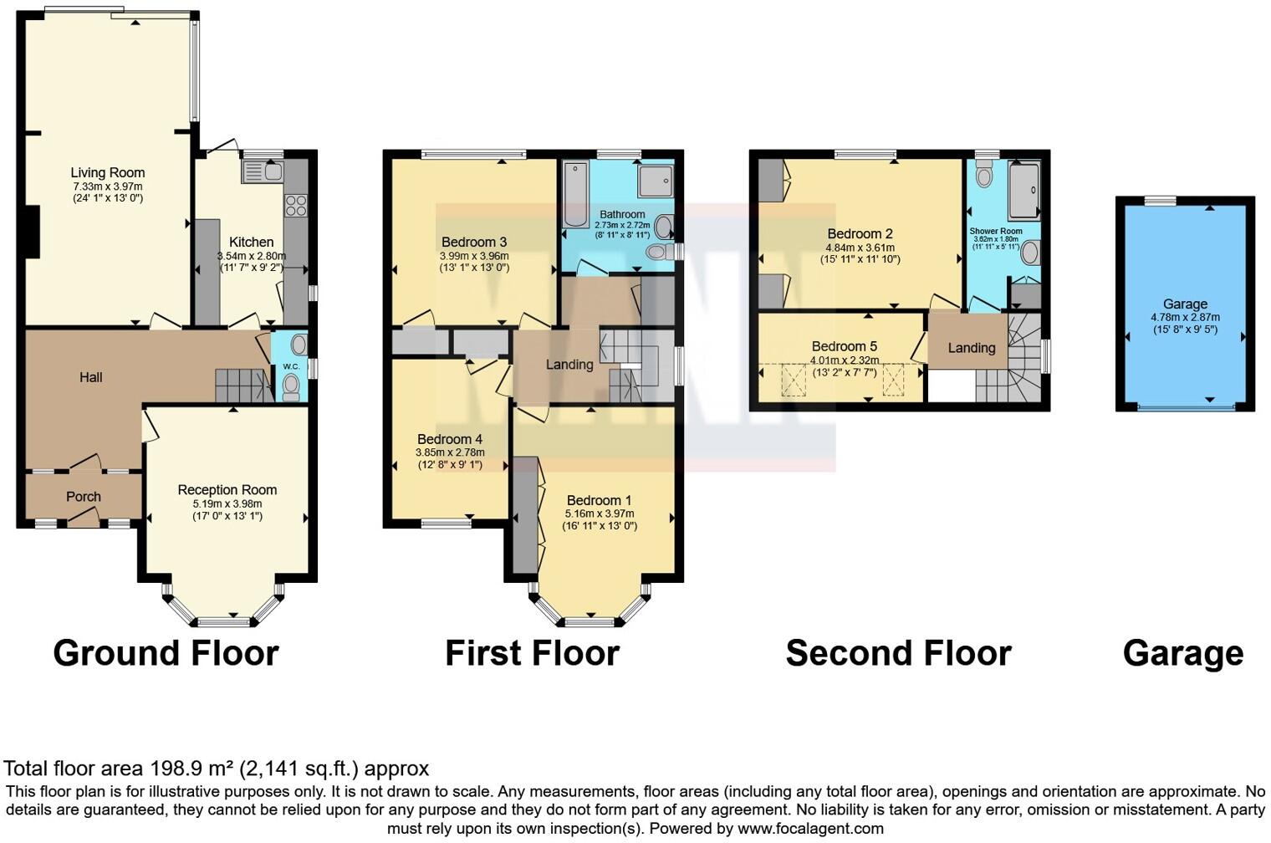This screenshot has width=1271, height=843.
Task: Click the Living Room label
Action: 107,173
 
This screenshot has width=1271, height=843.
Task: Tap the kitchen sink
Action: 263,172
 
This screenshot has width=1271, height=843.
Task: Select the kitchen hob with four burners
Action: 296,205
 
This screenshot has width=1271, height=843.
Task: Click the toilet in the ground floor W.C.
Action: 291,386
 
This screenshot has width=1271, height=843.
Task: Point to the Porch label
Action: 84,497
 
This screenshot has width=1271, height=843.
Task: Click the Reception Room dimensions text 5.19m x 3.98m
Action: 227,504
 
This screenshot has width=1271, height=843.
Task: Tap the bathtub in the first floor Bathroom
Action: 576,194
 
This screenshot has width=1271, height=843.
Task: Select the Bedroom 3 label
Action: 474,243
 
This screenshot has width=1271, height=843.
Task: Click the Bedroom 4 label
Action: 450,439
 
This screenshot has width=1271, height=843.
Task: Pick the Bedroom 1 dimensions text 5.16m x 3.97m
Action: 600,513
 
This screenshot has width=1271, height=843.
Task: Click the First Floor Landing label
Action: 569,365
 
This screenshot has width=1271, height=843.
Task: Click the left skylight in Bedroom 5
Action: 791,381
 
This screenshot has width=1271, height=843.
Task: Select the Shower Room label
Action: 995,231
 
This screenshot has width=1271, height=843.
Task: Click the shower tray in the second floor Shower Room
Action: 1023,191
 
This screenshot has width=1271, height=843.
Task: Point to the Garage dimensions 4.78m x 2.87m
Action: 1185,318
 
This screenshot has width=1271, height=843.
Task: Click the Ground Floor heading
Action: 166,653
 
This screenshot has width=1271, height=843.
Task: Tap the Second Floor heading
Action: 898,653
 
